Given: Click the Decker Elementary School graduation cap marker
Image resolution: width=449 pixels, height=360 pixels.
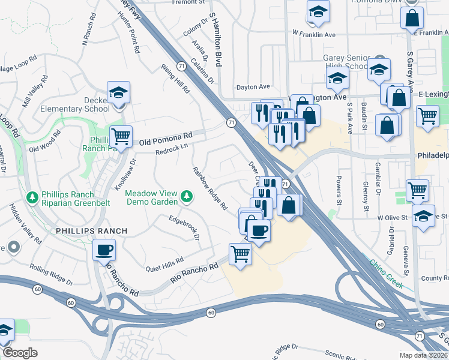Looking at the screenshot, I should (119, 94).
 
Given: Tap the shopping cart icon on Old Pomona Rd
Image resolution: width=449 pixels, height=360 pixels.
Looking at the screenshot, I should (121, 137).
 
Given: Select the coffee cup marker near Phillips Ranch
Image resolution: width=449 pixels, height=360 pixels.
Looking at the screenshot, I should (104, 249).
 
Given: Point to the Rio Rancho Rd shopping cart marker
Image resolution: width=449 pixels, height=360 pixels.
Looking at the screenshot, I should (240, 254).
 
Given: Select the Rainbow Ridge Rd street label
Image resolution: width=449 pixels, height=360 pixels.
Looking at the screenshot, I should (209, 188).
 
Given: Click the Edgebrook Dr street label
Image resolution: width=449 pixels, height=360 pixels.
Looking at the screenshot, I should (184, 227).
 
